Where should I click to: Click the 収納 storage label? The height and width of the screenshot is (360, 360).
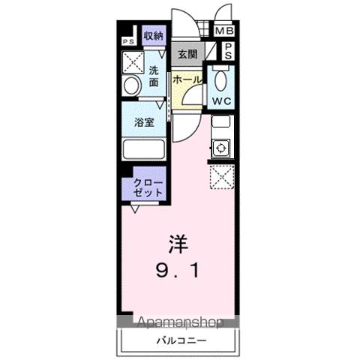(x=154, y=34)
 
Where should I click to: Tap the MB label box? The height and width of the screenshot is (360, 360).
(x=224, y=31)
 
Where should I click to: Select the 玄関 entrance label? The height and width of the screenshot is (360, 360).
(x=187, y=54)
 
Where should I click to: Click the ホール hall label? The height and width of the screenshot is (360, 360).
(x=185, y=78)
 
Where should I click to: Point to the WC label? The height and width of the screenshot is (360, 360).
(x=222, y=100)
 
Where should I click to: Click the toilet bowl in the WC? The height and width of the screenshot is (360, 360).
(x=221, y=79)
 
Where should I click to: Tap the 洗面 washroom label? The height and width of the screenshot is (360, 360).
(x=153, y=76)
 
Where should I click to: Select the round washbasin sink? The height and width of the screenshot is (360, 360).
(x=131, y=86)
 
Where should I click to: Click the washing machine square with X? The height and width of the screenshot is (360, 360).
(x=133, y=61)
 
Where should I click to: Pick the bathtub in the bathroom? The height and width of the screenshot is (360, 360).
(x=144, y=148)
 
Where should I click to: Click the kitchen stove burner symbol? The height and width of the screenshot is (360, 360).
(x=221, y=148)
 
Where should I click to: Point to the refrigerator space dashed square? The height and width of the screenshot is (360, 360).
(x=222, y=178)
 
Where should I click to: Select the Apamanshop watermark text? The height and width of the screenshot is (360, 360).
(x=178, y=323)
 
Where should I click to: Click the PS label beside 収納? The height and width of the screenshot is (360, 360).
(x=127, y=40)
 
